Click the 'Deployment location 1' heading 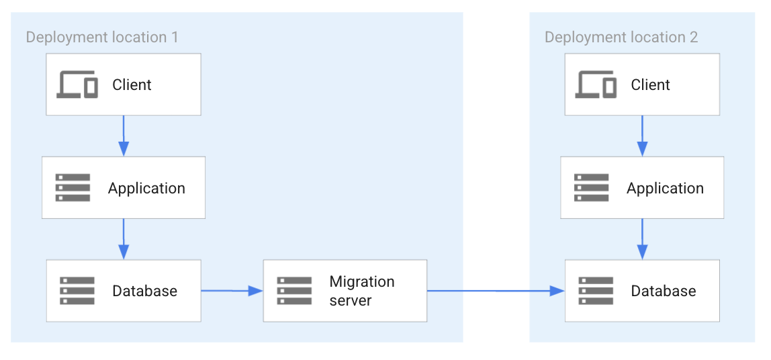point(102,36)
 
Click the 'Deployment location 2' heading point(621,36)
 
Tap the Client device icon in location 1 point(77,85)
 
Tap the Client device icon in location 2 point(596,85)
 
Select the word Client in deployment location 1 point(132,85)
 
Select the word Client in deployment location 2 point(650,85)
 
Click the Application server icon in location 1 point(73,188)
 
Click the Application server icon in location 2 point(592,188)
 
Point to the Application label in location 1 point(146,188)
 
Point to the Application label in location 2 point(665,188)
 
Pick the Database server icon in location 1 point(77,291)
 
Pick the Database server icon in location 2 point(596,291)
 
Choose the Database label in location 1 point(144,291)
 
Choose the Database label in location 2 point(663,291)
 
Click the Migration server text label point(361,291)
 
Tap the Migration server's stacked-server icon point(294,291)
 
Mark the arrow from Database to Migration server point(232,291)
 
